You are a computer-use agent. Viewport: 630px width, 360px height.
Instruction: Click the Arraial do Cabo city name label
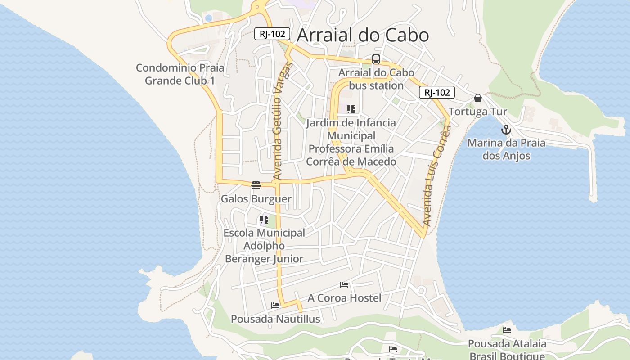tap(363, 35)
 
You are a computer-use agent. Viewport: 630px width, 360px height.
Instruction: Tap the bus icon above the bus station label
tap(376, 59)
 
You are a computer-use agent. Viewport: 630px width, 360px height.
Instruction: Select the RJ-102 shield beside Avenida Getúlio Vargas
tap(272, 34)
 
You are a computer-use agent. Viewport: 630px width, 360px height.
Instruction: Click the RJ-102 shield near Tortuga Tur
tap(436, 93)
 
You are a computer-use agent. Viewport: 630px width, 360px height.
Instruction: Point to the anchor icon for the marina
tap(506, 130)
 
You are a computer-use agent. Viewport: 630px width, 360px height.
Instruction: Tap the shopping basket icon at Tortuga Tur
tap(478, 98)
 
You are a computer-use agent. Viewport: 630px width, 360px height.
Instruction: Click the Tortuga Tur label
tap(478, 112)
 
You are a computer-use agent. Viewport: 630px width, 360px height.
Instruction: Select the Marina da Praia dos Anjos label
tap(506, 149)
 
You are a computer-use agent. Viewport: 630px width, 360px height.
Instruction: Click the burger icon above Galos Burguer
tap(256, 185)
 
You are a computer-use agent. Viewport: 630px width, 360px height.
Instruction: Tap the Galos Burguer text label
tap(256, 199)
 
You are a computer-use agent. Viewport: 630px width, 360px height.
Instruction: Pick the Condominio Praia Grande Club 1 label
tap(180, 74)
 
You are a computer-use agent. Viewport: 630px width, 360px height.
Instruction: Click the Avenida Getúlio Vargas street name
tap(283, 121)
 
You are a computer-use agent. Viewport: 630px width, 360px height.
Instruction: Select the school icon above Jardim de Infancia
tap(351, 109)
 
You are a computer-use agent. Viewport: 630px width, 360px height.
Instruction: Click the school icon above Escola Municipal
tap(264, 220)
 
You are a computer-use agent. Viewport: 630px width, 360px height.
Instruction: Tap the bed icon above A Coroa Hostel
tap(344, 285)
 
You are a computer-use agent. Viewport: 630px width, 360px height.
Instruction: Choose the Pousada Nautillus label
tap(275, 319)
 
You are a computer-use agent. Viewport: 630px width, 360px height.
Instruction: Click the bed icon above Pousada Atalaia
tap(507, 330)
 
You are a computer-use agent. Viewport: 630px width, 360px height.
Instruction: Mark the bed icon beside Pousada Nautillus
tap(275, 306)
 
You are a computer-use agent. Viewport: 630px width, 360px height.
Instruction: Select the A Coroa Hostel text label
tap(344, 298)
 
